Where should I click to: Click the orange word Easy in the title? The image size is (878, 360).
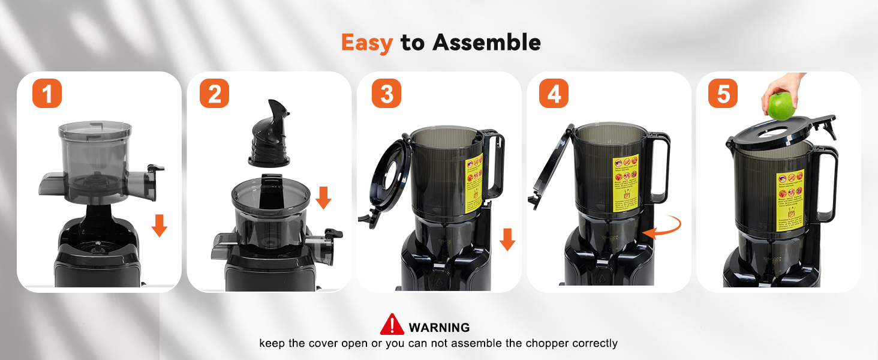click(x=366, y=43)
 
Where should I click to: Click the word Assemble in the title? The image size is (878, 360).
click(x=486, y=43)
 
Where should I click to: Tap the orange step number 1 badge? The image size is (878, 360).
click(x=47, y=94)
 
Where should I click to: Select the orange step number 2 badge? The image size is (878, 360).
click(x=214, y=94)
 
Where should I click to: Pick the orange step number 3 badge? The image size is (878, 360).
click(x=386, y=94)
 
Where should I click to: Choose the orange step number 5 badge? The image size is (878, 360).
click(x=723, y=94)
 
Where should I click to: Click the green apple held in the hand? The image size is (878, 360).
click(x=781, y=107)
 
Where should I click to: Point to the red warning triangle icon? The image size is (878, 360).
click(x=392, y=325)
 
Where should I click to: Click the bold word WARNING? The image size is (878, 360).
click(x=439, y=328)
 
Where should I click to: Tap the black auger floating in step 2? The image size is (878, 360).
click(x=270, y=133)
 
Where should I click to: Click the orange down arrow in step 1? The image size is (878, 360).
click(x=159, y=225)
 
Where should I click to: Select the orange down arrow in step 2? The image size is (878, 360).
click(x=323, y=197)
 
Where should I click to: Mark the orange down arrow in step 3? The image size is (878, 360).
click(x=507, y=239)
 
